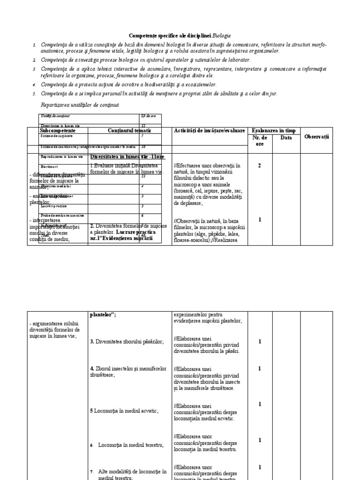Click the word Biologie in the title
click(221, 36)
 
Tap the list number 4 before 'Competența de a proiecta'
click(34, 85)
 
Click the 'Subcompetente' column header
click(58, 131)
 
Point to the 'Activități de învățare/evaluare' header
click(209, 130)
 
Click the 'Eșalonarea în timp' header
click(274, 130)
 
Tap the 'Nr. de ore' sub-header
click(259, 141)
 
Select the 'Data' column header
click(286, 138)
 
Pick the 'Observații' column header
click(317, 136)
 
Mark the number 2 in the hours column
click(259, 165)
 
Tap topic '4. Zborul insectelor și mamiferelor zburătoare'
click(128, 372)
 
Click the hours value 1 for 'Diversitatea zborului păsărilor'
click(259, 341)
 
